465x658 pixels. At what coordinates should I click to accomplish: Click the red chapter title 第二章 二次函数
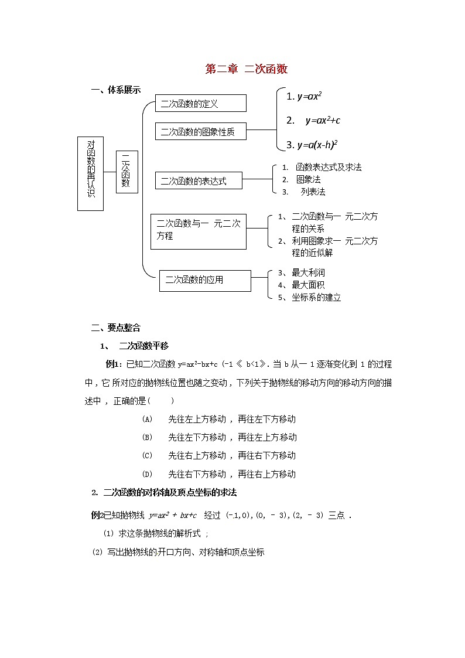(246, 69)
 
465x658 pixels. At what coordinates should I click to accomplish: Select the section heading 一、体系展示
(115, 90)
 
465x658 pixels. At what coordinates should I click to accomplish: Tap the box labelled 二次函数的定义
(200, 104)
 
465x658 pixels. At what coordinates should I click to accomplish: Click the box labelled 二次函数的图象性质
(200, 132)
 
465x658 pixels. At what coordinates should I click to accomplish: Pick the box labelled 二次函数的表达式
(199, 181)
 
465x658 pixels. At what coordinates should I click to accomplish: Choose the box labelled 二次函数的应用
(204, 280)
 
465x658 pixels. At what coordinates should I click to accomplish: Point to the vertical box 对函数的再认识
(90, 173)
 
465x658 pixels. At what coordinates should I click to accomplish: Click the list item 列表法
(313, 192)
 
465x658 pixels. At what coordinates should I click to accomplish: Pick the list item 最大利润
(308, 272)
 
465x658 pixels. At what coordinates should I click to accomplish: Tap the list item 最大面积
(308, 285)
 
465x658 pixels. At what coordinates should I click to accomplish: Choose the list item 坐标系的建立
(316, 297)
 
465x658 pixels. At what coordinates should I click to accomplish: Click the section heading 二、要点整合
(115, 328)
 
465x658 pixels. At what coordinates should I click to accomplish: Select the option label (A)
(147, 419)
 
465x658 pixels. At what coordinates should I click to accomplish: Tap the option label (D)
(147, 474)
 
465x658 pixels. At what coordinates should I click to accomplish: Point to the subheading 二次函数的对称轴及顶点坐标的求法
(170, 492)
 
